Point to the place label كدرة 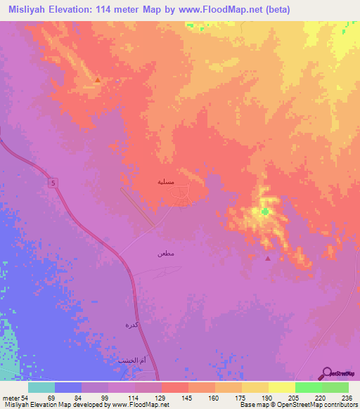[131, 325]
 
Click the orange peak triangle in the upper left [97, 81]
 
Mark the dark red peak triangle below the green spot [267, 258]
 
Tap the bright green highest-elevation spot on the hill [264, 211]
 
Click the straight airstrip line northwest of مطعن [138, 207]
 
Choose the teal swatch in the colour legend [41, 387]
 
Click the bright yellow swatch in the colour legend [281, 387]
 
